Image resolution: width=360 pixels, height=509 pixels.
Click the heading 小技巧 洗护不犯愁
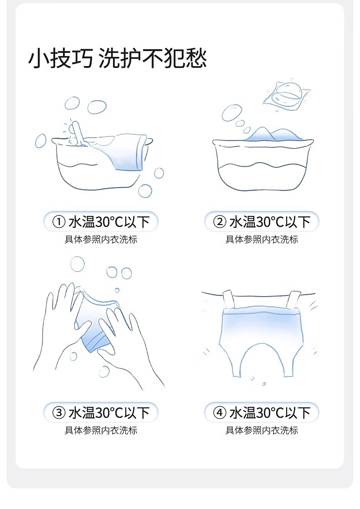[118, 58]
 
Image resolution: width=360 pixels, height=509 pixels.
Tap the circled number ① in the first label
[59, 222]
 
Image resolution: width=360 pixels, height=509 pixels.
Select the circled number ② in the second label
[220, 222]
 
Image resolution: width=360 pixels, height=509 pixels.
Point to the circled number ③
[59, 413]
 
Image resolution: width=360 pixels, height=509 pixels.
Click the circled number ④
[220, 413]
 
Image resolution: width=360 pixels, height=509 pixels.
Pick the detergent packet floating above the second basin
[286, 95]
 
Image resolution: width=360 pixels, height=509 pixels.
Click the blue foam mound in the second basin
[273, 134]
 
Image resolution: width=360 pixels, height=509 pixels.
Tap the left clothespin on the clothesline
[229, 299]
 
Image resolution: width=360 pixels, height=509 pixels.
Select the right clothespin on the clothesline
[293, 300]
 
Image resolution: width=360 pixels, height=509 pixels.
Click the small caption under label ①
[101, 240]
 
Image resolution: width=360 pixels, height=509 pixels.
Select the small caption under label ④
[262, 431]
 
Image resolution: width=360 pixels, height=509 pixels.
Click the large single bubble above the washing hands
[77, 264]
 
